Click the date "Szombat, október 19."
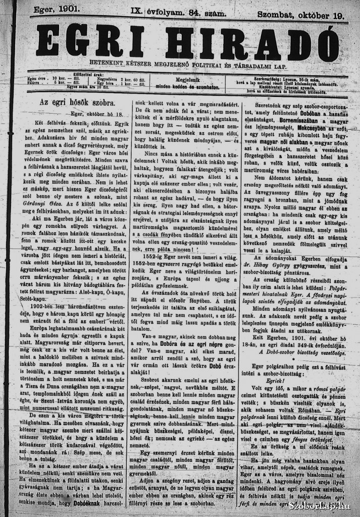tap(301, 15)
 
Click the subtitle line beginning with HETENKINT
tap(189, 64)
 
